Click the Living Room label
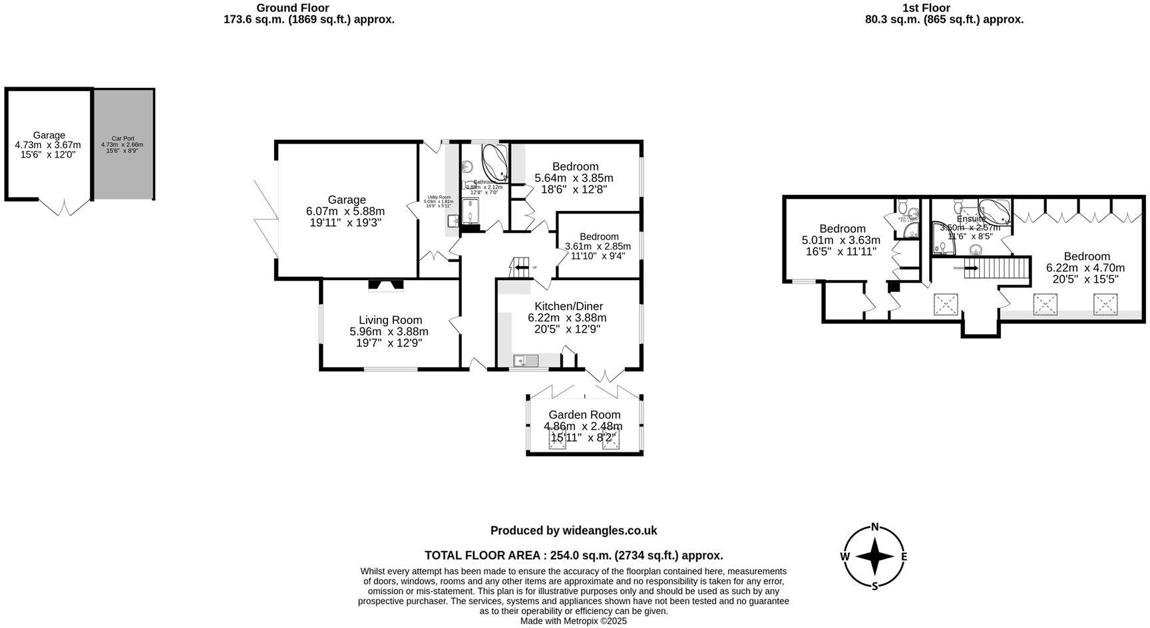point(390,320)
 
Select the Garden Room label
point(584,414)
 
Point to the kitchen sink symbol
point(526,361)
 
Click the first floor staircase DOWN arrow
point(970,268)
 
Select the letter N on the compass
point(875,527)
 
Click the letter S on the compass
point(875,586)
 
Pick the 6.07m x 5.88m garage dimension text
point(345,211)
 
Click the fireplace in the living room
point(386,285)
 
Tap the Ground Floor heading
point(293,8)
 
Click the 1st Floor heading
point(926,8)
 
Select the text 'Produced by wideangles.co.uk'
point(574,530)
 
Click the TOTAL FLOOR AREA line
point(574,555)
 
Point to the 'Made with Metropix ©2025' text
point(574,621)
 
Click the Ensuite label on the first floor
point(971,218)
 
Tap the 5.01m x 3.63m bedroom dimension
point(841,240)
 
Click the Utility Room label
point(439,197)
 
